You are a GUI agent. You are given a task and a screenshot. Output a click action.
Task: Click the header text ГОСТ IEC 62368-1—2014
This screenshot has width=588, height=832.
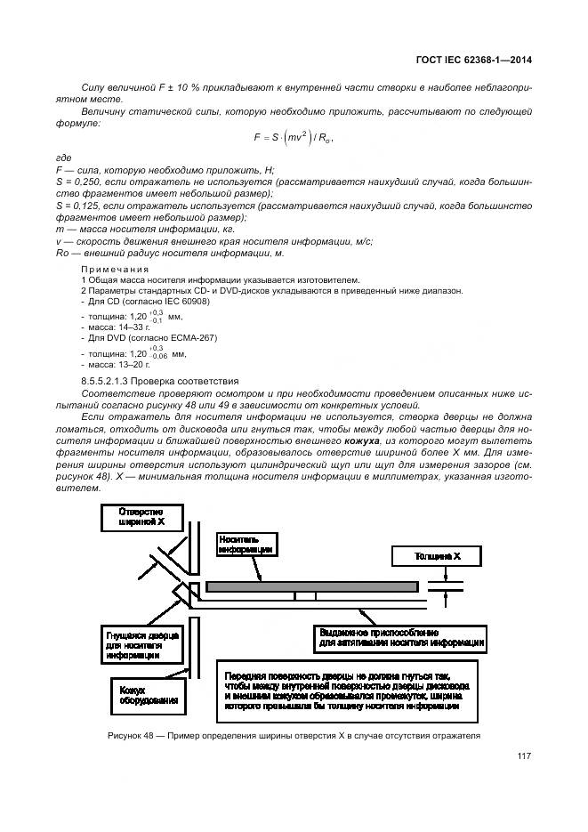tap(480, 61)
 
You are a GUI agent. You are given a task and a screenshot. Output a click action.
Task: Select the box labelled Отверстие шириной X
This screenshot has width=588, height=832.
tap(142, 517)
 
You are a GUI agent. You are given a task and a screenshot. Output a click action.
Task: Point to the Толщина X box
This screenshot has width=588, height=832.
tap(437, 556)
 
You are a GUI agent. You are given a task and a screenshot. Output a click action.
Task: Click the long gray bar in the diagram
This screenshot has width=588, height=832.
tap(312, 586)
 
